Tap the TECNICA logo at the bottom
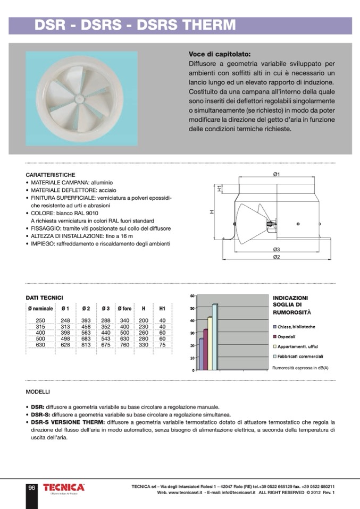click(63, 487)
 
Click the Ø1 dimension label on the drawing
click(277, 174)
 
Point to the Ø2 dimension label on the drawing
click(277, 257)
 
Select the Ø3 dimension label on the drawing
click(277, 249)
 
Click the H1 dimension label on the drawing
click(219, 187)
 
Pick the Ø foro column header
click(124, 308)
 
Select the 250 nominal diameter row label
click(40, 320)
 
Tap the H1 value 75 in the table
click(162, 345)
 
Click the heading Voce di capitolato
click(219, 54)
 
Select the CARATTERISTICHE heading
click(51, 175)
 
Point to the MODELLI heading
click(38, 392)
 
